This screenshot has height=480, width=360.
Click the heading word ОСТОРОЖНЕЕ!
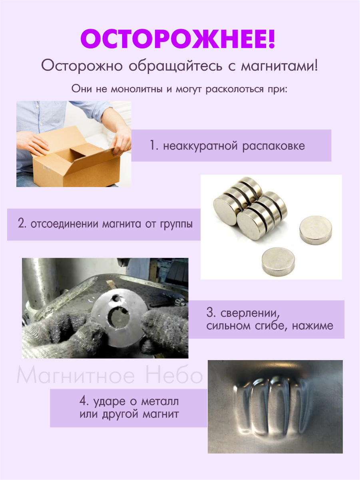178,39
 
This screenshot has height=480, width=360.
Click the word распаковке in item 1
274,146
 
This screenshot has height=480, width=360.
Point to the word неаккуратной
200,146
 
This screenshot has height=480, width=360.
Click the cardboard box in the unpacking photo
76,157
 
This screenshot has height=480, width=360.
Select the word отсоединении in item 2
64,224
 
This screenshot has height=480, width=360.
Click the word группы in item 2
176,225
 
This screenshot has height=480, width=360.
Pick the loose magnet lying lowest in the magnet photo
278,261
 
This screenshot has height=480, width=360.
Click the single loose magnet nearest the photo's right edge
316,230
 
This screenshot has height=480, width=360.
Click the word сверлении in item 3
250,313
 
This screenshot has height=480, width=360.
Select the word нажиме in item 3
312,326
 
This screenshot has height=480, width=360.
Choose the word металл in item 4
160,402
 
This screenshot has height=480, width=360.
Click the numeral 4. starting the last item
84,401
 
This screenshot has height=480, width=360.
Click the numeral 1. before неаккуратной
154,145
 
